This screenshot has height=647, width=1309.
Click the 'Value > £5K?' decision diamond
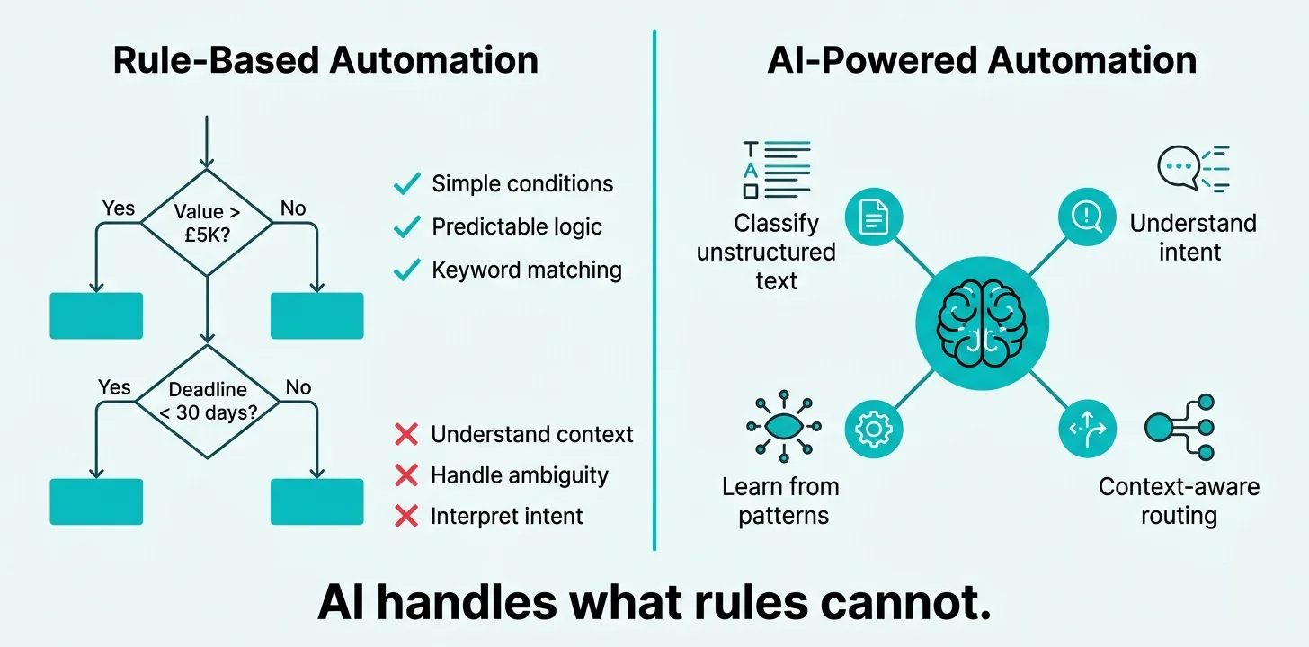click(x=207, y=222)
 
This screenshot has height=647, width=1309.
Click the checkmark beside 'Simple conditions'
click(x=407, y=184)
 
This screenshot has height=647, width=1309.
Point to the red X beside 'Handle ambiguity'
click(x=406, y=475)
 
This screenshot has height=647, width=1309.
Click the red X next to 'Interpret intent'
click(x=406, y=516)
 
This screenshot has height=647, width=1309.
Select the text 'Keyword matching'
click(x=526, y=270)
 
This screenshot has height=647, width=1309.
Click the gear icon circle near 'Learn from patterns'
click(x=872, y=429)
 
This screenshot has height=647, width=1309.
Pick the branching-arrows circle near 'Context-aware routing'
click(x=1088, y=429)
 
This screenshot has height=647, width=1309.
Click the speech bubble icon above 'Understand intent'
click(x=1178, y=168)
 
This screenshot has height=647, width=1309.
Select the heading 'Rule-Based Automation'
click(x=325, y=60)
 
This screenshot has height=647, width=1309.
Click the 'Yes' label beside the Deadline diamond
click(x=114, y=387)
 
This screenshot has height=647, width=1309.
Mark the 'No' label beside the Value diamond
click(x=293, y=208)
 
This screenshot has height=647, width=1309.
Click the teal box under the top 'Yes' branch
click(x=96, y=315)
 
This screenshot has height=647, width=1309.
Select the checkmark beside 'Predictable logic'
click(x=407, y=227)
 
